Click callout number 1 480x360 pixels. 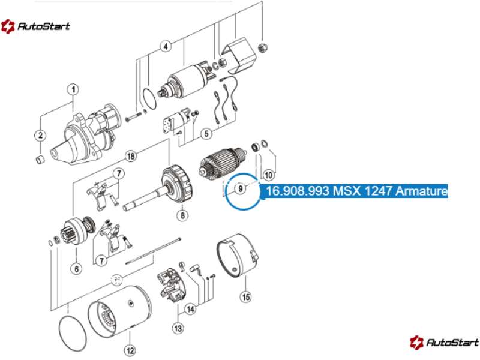click(x=73, y=89)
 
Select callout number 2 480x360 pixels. click(x=40, y=136)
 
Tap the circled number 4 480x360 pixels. click(x=166, y=47)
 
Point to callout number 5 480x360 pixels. click(x=206, y=133)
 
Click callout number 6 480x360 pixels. click(x=77, y=269)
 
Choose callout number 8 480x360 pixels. click(x=182, y=215)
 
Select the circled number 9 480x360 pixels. click(x=241, y=188)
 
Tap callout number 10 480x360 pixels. click(x=268, y=175)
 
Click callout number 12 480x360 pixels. click(x=130, y=350)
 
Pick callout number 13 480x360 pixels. click(x=178, y=328)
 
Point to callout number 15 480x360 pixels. click(x=246, y=296)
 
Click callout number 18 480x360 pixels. click(x=131, y=156)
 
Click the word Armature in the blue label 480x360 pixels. click(x=422, y=191)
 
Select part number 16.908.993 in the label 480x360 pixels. click(x=298, y=191)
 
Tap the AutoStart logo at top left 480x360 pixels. click(x=35, y=26)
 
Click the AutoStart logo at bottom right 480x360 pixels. click(x=444, y=342)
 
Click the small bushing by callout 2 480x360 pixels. click(x=40, y=160)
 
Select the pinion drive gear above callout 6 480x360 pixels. click(x=79, y=231)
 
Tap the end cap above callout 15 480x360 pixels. click(x=238, y=256)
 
